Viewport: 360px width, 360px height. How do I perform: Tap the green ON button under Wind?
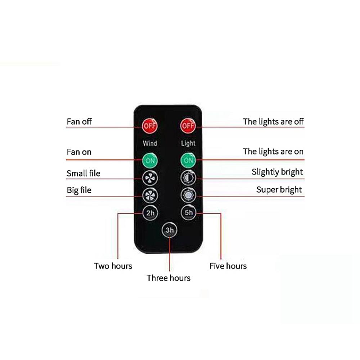150,160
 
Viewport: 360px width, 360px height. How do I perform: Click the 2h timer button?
150,213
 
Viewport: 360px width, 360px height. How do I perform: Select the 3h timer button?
169,230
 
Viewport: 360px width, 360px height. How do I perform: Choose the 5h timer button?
188,213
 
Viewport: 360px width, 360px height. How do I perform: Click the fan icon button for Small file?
150,177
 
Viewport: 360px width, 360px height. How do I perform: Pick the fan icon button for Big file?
150,195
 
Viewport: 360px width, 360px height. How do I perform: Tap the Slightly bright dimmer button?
188,177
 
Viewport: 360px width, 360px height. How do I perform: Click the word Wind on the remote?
150,143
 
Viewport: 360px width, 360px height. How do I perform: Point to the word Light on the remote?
188,143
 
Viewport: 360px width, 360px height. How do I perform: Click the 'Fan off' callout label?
79,121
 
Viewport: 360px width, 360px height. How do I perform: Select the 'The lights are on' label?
273,152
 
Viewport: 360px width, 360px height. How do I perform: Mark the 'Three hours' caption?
168,278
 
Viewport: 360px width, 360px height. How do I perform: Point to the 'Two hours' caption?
113,266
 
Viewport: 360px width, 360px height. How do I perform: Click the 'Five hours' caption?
228,266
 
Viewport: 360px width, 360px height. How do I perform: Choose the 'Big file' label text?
79,190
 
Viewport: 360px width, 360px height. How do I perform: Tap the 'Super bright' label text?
279,189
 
